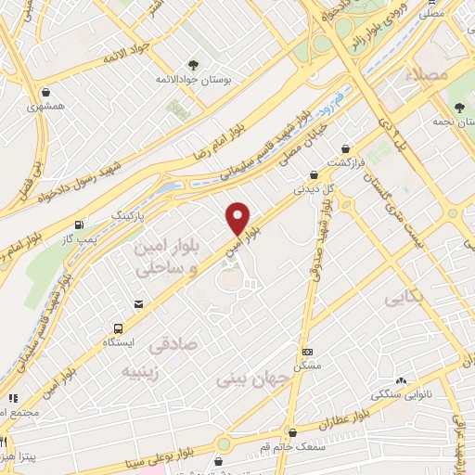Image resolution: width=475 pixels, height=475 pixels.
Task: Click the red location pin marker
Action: (x=238, y=218)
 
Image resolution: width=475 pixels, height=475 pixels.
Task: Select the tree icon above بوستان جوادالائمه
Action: (x=193, y=65)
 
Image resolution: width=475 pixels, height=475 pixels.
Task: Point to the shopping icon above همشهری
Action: (x=46, y=92)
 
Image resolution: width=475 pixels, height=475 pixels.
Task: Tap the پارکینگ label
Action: (x=130, y=214)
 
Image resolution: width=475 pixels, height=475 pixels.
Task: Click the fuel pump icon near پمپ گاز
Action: (x=79, y=225)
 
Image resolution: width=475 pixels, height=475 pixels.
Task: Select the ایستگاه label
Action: (x=118, y=342)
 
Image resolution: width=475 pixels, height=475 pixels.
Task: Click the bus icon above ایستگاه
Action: (x=118, y=327)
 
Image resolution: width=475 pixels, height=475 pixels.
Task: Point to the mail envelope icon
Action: (x=138, y=303)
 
